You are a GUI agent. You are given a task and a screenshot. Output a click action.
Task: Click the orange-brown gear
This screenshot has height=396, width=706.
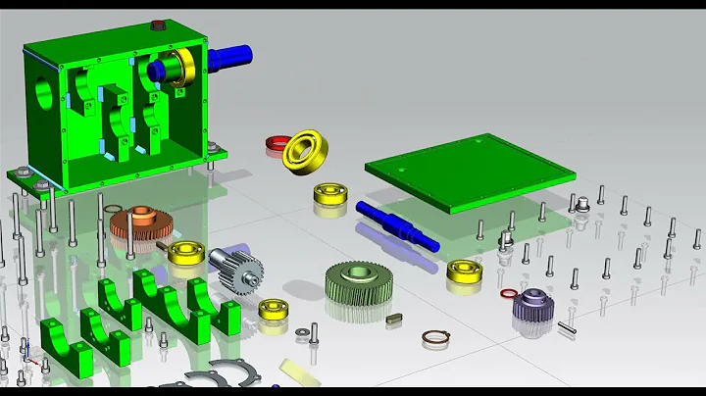[x=141, y=224]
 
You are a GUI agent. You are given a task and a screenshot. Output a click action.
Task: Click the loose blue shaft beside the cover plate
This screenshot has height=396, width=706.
[x=391, y=223]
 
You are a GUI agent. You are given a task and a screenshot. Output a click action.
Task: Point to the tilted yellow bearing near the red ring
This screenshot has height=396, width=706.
[x=305, y=150]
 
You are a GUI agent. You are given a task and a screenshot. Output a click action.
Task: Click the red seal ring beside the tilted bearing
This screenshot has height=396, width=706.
[x=275, y=145]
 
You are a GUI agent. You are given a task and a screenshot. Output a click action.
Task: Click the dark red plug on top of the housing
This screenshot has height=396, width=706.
[x=158, y=25]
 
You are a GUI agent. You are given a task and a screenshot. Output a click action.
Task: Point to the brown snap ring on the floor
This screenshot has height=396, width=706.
[x=435, y=338]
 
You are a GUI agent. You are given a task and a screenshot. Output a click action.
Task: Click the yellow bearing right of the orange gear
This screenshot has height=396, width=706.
[x=185, y=252]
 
